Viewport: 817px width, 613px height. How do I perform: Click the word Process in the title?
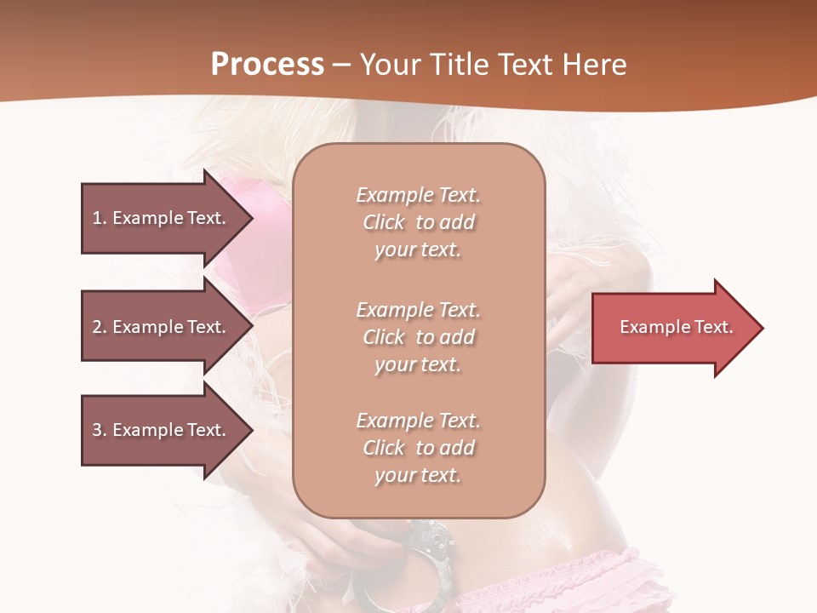267,65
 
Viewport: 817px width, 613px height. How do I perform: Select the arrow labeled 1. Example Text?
162,218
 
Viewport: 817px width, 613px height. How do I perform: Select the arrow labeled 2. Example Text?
162,327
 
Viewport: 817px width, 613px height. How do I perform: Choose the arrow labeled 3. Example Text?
162,430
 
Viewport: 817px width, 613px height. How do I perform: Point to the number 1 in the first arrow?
97,218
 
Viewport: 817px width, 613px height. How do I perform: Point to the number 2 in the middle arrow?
97,327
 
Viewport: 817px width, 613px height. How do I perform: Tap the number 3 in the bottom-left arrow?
97,430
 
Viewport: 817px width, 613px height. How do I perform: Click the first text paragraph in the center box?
418,222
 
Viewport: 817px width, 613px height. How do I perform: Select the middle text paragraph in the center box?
418,337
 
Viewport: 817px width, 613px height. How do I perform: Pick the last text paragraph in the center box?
418,448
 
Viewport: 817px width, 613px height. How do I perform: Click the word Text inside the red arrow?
713,327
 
